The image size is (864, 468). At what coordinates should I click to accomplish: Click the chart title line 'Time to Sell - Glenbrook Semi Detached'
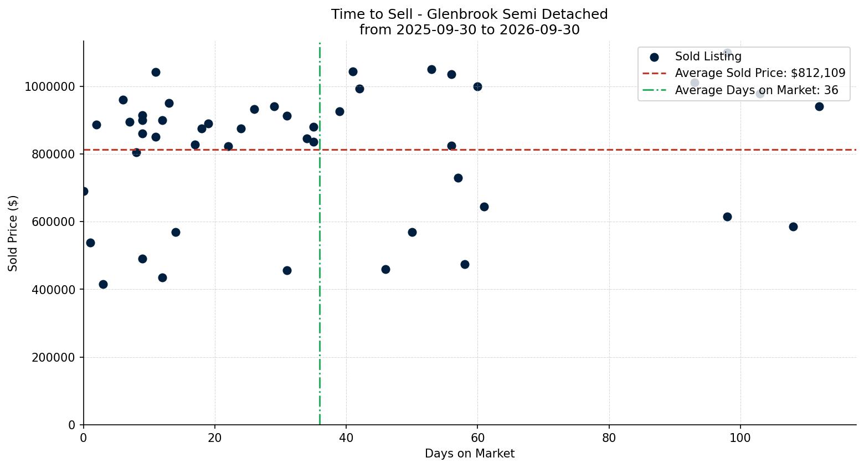470,14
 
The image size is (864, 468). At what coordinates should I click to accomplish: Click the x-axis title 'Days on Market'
470,454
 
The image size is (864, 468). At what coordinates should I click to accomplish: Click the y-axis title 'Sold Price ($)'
13,233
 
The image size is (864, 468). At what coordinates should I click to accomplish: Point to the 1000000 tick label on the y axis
49,87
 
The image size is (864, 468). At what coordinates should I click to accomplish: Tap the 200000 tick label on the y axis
53,358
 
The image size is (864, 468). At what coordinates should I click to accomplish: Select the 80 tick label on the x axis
609,438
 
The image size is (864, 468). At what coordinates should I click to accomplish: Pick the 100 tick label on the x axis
740,438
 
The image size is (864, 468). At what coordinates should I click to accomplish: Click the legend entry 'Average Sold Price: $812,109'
760,73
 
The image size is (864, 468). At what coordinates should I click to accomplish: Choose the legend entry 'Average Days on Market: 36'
757,90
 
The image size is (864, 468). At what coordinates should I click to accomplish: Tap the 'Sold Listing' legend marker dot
654,57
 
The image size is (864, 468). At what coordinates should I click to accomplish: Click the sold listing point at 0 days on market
84,192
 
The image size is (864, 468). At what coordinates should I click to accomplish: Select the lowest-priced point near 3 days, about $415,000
103,284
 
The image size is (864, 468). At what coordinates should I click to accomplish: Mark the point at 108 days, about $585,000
793,227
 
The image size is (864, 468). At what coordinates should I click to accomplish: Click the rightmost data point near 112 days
819,106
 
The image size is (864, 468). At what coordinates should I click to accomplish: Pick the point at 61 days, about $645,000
484,207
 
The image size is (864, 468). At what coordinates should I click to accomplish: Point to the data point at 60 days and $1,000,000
477,87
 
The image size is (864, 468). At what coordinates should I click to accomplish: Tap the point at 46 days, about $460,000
385,269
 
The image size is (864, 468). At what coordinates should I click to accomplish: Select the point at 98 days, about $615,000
727,217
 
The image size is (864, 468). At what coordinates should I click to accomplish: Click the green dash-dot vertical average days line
320,233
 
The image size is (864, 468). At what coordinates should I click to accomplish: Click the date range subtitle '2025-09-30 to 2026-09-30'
488,30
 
